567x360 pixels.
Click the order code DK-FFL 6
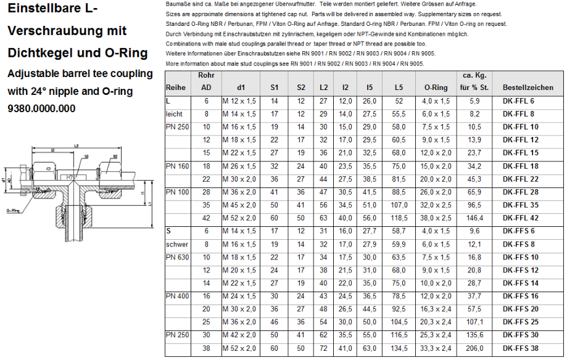pos(518,100)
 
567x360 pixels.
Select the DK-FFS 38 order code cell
pos(520,348)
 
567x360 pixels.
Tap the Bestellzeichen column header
pos(528,88)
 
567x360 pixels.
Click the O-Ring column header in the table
pos(436,88)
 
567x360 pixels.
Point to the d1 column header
pos(241,88)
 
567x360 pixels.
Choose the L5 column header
pos(399,88)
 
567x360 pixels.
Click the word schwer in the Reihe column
pos(177,245)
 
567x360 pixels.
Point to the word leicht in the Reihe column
pos(175,114)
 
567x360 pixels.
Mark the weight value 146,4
pos(474,218)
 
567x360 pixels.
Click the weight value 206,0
pos(474,348)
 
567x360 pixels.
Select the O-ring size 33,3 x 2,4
pos(436,348)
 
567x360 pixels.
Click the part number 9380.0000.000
pos(41,109)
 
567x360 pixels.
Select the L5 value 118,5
pos(399,218)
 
